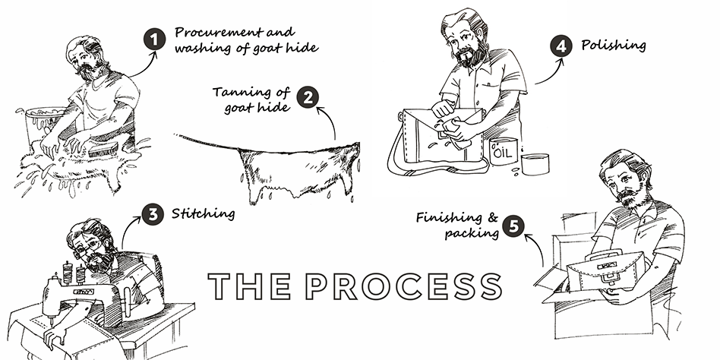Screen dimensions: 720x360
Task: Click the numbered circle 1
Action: click(x=155, y=39)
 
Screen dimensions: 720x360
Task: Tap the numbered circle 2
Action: click(x=308, y=97)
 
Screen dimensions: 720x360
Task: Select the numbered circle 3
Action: click(x=153, y=214)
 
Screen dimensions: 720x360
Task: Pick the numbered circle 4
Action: click(x=561, y=46)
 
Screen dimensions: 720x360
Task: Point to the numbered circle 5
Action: click(x=513, y=226)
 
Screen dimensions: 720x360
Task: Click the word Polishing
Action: click(x=614, y=46)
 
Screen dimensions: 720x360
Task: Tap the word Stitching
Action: click(x=203, y=213)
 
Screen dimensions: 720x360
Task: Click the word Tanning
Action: click(x=238, y=93)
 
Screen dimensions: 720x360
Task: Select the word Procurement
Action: click(x=219, y=32)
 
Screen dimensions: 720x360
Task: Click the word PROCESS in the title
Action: click(x=403, y=286)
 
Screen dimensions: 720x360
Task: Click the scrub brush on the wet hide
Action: click(x=103, y=149)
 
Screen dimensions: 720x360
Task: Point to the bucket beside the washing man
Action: click(x=43, y=125)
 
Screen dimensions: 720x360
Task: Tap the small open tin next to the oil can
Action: click(x=535, y=164)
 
